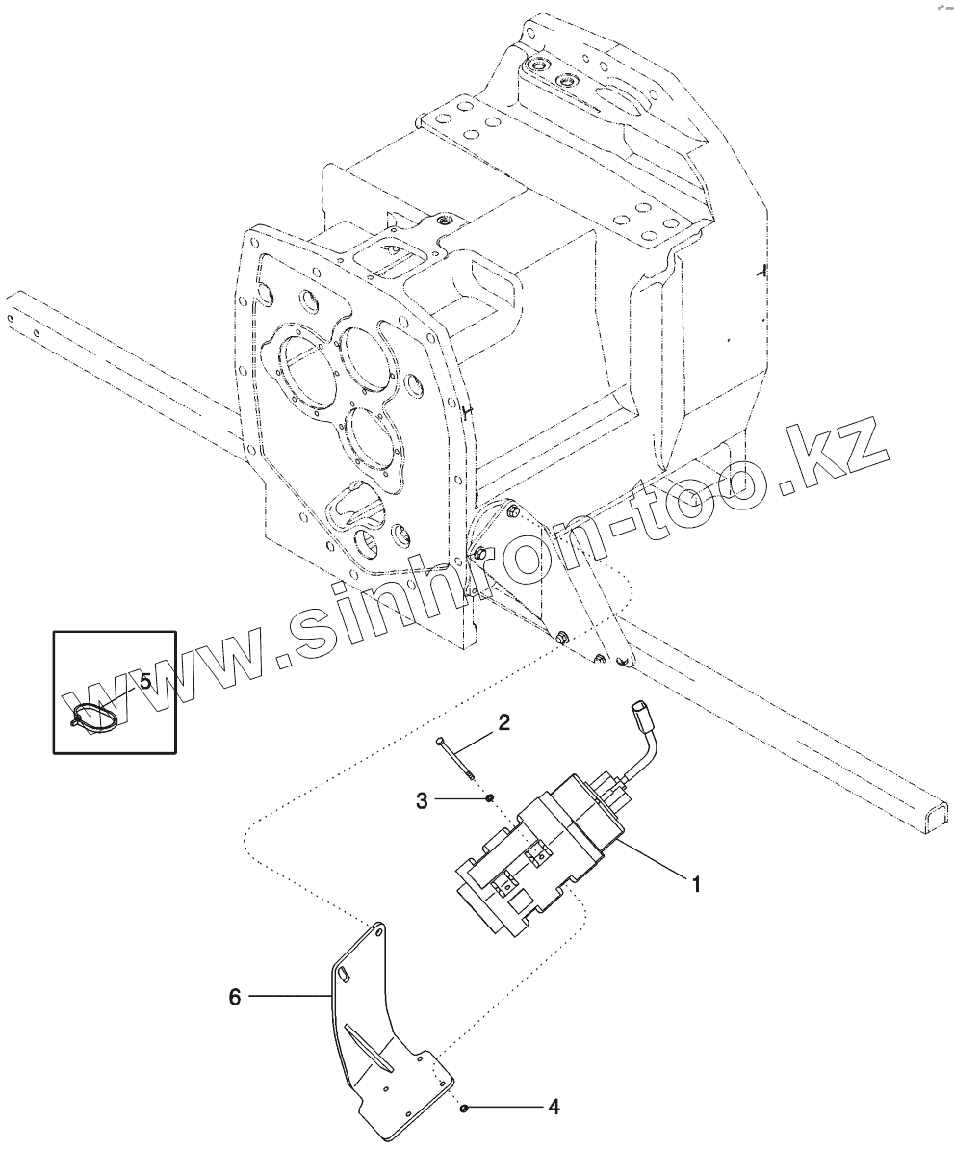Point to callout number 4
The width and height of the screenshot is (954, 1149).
click(x=553, y=1109)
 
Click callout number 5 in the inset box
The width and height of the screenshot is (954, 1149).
click(x=145, y=681)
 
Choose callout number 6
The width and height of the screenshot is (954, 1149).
click(x=234, y=997)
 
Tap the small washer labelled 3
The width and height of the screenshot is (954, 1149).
click(x=490, y=797)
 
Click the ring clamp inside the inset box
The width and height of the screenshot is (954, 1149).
click(x=94, y=714)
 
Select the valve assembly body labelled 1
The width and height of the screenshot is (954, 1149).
click(x=539, y=857)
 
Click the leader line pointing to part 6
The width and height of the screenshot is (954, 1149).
click(x=289, y=997)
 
